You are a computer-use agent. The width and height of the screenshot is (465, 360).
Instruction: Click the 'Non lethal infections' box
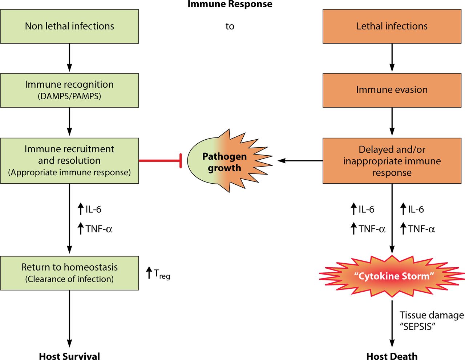tap(69, 27)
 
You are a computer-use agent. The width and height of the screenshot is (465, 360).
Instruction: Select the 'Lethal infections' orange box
tap(392, 27)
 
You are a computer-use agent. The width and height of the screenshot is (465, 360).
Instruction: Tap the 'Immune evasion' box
tap(392, 90)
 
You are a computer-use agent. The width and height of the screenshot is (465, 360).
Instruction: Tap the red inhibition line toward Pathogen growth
tap(160, 161)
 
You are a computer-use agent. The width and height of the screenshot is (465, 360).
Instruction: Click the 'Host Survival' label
tap(69, 356)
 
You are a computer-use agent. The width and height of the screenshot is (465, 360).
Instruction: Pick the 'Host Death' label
tap(392, 356)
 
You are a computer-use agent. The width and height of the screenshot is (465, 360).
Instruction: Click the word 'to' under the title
tap(230, 27)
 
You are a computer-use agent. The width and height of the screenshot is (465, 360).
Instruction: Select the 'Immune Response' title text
tap(230, 4)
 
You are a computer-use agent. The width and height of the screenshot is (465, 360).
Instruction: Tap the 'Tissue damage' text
tap(432, 315)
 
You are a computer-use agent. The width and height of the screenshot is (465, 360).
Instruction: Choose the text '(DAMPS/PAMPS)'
tap(69, 96)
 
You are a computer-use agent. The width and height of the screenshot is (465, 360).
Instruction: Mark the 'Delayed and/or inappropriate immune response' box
tap(392, 161)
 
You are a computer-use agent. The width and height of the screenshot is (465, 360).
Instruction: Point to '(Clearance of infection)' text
tap(69, 279)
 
